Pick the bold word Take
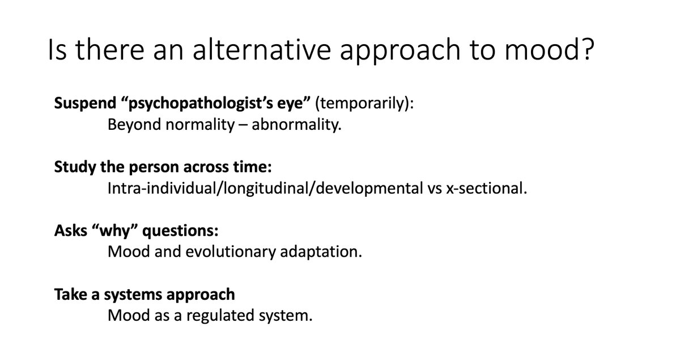(x=67, y=295)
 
